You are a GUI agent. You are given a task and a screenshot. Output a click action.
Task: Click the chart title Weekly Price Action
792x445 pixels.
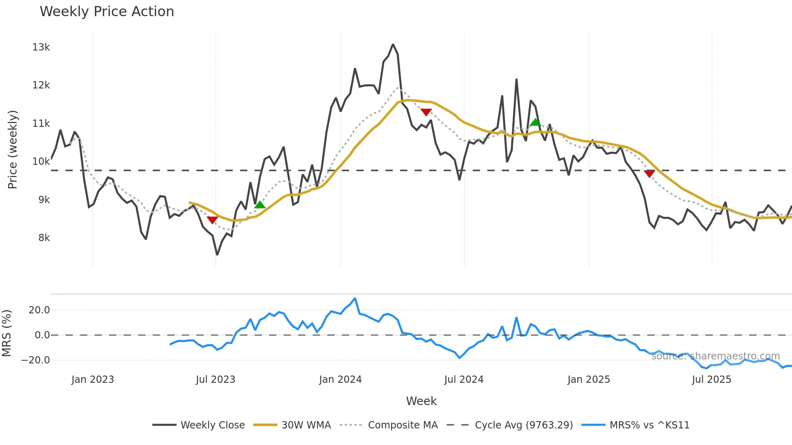click(x=107, y=12)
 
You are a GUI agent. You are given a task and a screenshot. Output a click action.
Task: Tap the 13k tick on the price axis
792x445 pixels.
click(x=41, y=47)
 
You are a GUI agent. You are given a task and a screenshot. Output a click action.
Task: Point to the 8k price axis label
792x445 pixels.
click(x=44, y=238)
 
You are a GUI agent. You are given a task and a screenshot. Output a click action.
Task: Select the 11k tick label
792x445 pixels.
click(x=41, y=124)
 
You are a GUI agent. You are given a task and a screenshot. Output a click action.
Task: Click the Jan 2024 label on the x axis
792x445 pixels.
click(x=340, y=380)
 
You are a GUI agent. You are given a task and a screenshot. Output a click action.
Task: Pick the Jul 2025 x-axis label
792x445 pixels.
click(x=711, y=380)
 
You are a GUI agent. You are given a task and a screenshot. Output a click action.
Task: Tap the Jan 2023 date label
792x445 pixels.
click(x=93, y=380)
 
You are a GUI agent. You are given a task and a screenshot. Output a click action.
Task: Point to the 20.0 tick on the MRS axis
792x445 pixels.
click(x=39, y=310)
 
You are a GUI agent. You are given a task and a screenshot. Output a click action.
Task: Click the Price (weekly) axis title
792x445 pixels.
click(x=13, y=149)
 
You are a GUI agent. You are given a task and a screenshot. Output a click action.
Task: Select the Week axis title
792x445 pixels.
click(x=421, y=401)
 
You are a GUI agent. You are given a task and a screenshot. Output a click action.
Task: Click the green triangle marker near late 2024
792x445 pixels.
click(x=535, y=122)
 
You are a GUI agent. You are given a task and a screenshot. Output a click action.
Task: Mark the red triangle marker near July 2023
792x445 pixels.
click(x=212, y=220)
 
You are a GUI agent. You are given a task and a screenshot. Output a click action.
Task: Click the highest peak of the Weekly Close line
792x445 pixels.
click(x=393, y=44)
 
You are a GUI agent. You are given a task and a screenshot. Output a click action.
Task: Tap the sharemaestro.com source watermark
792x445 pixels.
click(x=715, y=356)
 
